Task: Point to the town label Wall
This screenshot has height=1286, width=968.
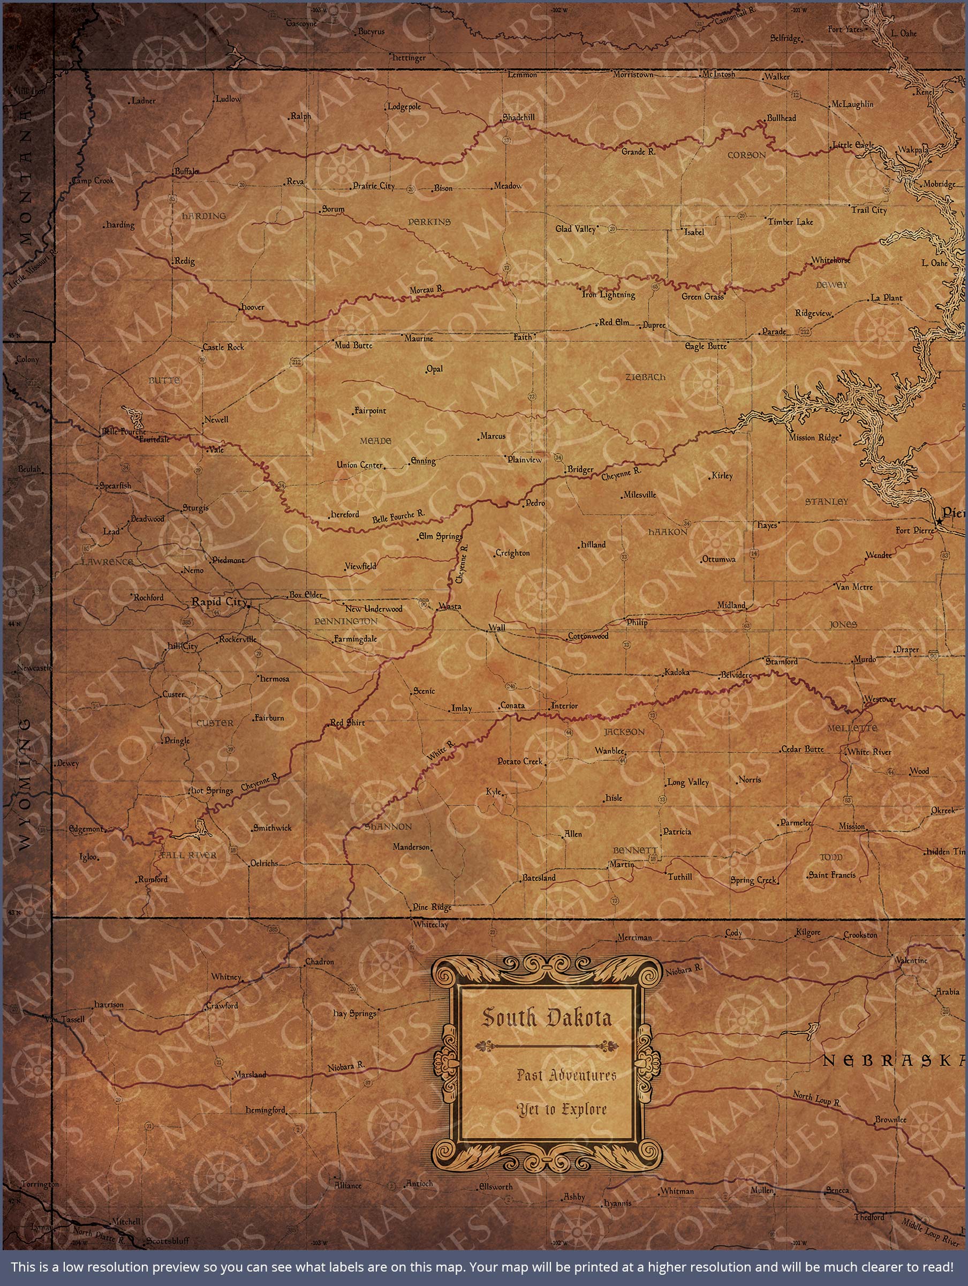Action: click(497, 628)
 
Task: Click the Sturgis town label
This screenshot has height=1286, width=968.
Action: click(195, 508)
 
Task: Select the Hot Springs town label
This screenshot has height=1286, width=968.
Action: click(212, 791)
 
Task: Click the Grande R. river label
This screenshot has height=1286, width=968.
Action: click(638, 152)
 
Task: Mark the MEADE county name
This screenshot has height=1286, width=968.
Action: click(375, 442)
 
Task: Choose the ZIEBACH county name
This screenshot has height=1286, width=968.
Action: click(645, 377)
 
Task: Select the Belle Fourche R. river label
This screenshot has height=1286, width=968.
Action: click(398, 515)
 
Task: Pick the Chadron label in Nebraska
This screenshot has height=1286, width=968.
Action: click(320, 962)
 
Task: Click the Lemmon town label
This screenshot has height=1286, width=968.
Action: click(523, 74)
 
